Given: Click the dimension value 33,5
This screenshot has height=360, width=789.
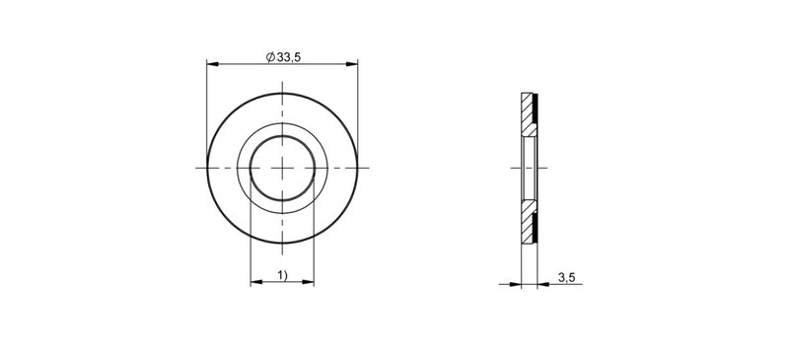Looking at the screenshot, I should pyautogui.click(x=289, y=57).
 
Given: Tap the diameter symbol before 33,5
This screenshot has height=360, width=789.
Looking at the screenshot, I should pyautogui.click(x=271, y=57).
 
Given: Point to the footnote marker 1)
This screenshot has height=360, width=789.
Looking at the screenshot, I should pyautogui.click(x=282, y=275).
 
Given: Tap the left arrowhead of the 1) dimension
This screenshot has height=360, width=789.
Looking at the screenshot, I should pyautogui.click(x=254, y=283).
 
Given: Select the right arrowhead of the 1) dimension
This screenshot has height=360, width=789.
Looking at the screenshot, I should pyautogui.click(x=309, y=283).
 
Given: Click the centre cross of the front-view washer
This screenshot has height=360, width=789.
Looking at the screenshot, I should pyautogui.click(x=282, y=169).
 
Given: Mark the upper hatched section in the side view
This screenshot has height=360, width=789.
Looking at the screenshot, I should pyautogui.click(x=527, y=115).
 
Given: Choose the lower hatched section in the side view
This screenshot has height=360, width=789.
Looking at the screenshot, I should pyautogui.click(x=527, y=222).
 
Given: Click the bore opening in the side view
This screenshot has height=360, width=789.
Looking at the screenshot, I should pyautogui.click(x=528, y=169).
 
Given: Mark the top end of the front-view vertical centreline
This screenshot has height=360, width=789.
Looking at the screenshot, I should pyautogui.click(x=282, y=85).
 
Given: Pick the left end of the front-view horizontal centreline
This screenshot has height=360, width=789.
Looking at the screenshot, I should pyautogui.click(x=196, y=169).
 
